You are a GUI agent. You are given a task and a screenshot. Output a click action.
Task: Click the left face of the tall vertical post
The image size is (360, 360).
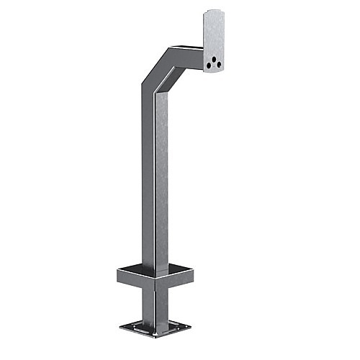149,180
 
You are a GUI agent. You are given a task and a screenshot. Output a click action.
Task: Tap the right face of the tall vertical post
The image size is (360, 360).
161,180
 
